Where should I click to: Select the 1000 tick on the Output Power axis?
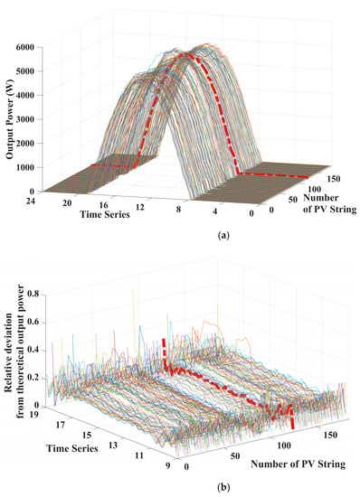pyautogui.click(x=48, y=167)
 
